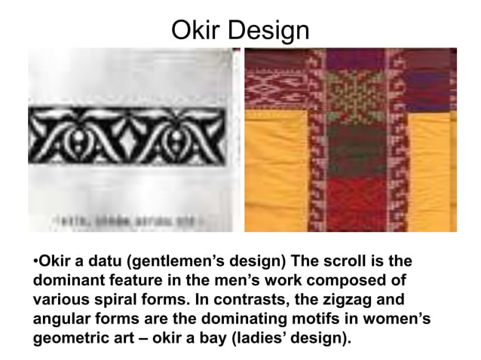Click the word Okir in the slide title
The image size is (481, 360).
tap(196, 30)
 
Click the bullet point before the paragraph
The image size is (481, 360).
tap(35, 264)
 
